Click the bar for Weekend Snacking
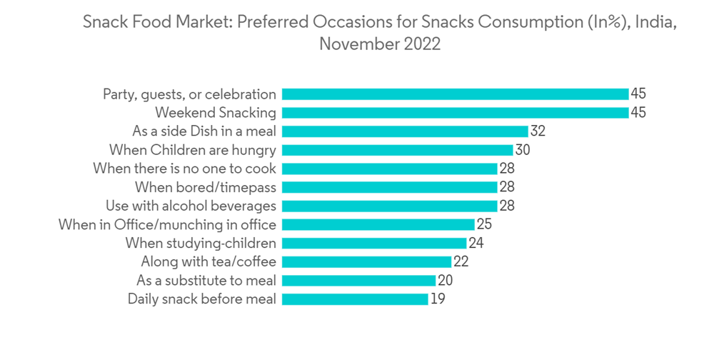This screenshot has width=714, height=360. pyautogui.click(x=455, y=113)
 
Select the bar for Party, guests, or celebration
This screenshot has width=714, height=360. pyautogui.click(x=455, y=94)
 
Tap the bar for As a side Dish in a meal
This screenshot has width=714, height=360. pyautogui.click(x=405, y=131)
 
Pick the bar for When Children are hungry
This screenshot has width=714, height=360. pyautogui.click(x=397, y=150)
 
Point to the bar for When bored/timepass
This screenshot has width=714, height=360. pyautogui.click(x=389, y=187)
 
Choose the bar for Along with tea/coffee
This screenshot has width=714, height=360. pyautogui.click(x=366, y=261)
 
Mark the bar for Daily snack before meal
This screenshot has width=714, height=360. pyautogui.click(x=355, y=299)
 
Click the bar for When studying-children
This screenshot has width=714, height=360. pyautogui.click(x=374, y=243)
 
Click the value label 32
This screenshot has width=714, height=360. pyautogui.click(x=538, y=131)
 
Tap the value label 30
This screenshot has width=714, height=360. pyautogui.click(x=523, y=150)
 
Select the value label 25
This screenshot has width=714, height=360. pyautogui.click(x=484, y=224)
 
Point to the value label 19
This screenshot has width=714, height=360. pyautogui.click(x=438, y=299)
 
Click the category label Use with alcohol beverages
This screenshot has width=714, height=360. pyautogui.click(x=191, y=206)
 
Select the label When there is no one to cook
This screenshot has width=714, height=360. pyautogui.click(x=185, y=169)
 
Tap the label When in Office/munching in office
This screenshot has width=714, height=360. pyautogui.click(x=167, y=224)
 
